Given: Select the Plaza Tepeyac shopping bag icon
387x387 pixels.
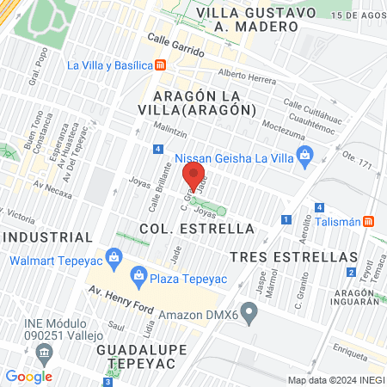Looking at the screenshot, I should (x=138, y=276).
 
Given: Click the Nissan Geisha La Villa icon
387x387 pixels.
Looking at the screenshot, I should (x=304, y=155).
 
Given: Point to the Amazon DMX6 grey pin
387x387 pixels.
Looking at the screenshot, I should (x=250, y=310).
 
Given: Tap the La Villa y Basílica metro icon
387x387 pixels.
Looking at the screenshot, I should (x=161, y=65).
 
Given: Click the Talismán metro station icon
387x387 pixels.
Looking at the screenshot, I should (x=369, y=220).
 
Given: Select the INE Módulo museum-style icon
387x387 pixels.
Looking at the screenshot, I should (x=44, y=351).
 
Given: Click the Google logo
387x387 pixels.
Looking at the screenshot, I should (x=28, y=376).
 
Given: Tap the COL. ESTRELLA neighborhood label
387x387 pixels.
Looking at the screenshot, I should (x=198, y=229).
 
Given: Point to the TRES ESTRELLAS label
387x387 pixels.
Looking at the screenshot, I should (x=293, y=257).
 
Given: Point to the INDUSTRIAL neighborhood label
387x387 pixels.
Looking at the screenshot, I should (x=46, y=236).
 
